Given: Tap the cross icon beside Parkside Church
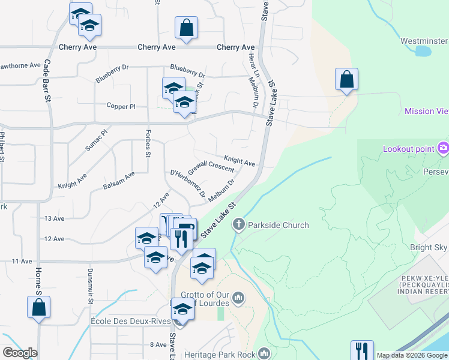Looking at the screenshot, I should (239, 226).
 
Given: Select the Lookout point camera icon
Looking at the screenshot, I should (443, 148).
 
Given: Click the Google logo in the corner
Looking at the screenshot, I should (20, 353).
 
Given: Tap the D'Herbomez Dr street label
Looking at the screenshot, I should (188, 185).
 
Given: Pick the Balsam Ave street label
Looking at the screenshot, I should (119, 181).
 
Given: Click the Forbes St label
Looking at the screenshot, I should (148, 144).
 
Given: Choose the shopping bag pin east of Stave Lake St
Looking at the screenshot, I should (346, 80).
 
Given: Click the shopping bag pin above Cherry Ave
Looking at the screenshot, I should (186, 28).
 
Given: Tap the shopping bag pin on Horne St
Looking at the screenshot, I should (38, 307).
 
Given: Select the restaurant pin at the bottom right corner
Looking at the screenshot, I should (362, 351).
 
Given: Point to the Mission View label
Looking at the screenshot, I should (426, 111).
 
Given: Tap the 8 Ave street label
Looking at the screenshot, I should (158, 344).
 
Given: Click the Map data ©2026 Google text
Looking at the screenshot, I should (411, 355).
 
